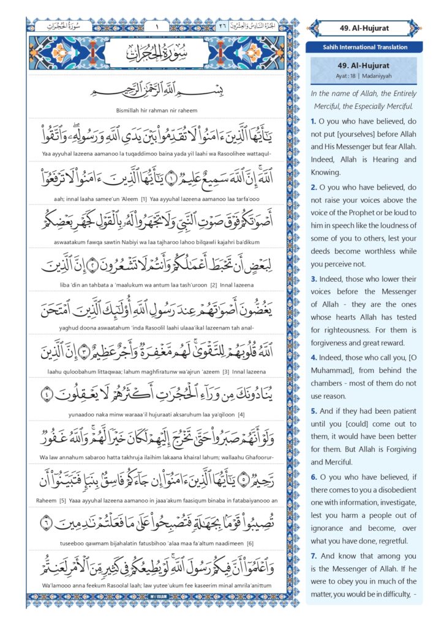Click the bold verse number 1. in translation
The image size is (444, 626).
tap(314, 122)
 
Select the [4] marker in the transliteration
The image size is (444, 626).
tap(224, 415)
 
